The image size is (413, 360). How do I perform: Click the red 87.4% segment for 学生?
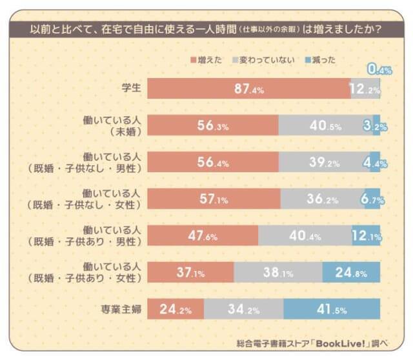pos(248,89)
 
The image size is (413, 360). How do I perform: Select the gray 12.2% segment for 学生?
pos(364,89)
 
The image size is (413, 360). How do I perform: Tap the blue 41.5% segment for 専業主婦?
pos(332,309)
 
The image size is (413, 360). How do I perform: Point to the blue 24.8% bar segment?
pos(351,272)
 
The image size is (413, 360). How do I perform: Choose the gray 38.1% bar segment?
pos(278,272)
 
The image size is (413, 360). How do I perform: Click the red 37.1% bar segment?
pos(190,272)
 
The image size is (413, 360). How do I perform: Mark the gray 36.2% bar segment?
pos(322,199)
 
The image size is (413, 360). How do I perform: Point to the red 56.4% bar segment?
pos(213,163)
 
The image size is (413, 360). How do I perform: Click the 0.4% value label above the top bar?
pos(379,70)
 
